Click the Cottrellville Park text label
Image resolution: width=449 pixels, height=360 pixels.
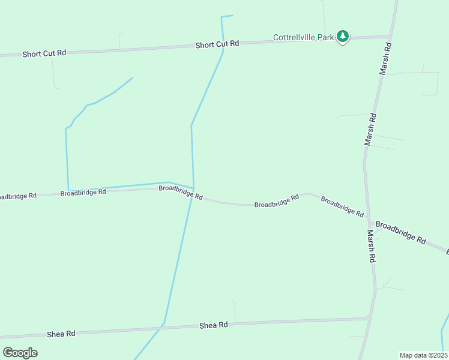303,37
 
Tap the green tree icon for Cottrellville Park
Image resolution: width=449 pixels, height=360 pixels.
343,37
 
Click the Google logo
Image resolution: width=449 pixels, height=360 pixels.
20,352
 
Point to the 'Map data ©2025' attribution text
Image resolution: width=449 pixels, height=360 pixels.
423,355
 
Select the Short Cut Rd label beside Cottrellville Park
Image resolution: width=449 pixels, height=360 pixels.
217,44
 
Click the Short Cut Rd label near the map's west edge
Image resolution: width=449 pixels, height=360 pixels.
44,53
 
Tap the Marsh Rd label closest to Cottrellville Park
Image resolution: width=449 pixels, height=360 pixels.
386,58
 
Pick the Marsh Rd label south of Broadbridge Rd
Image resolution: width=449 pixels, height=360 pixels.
372,247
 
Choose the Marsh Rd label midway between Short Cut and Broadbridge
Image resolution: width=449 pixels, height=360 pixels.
371,130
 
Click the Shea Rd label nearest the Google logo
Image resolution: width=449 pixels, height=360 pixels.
62,334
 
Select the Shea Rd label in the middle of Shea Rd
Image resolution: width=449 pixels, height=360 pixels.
214,325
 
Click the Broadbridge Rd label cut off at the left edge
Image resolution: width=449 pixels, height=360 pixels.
17,196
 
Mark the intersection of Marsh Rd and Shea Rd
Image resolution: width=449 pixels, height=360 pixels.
369,319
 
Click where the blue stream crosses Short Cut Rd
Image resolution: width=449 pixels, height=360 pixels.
223,47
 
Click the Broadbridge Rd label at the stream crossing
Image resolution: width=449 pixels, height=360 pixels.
180,192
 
